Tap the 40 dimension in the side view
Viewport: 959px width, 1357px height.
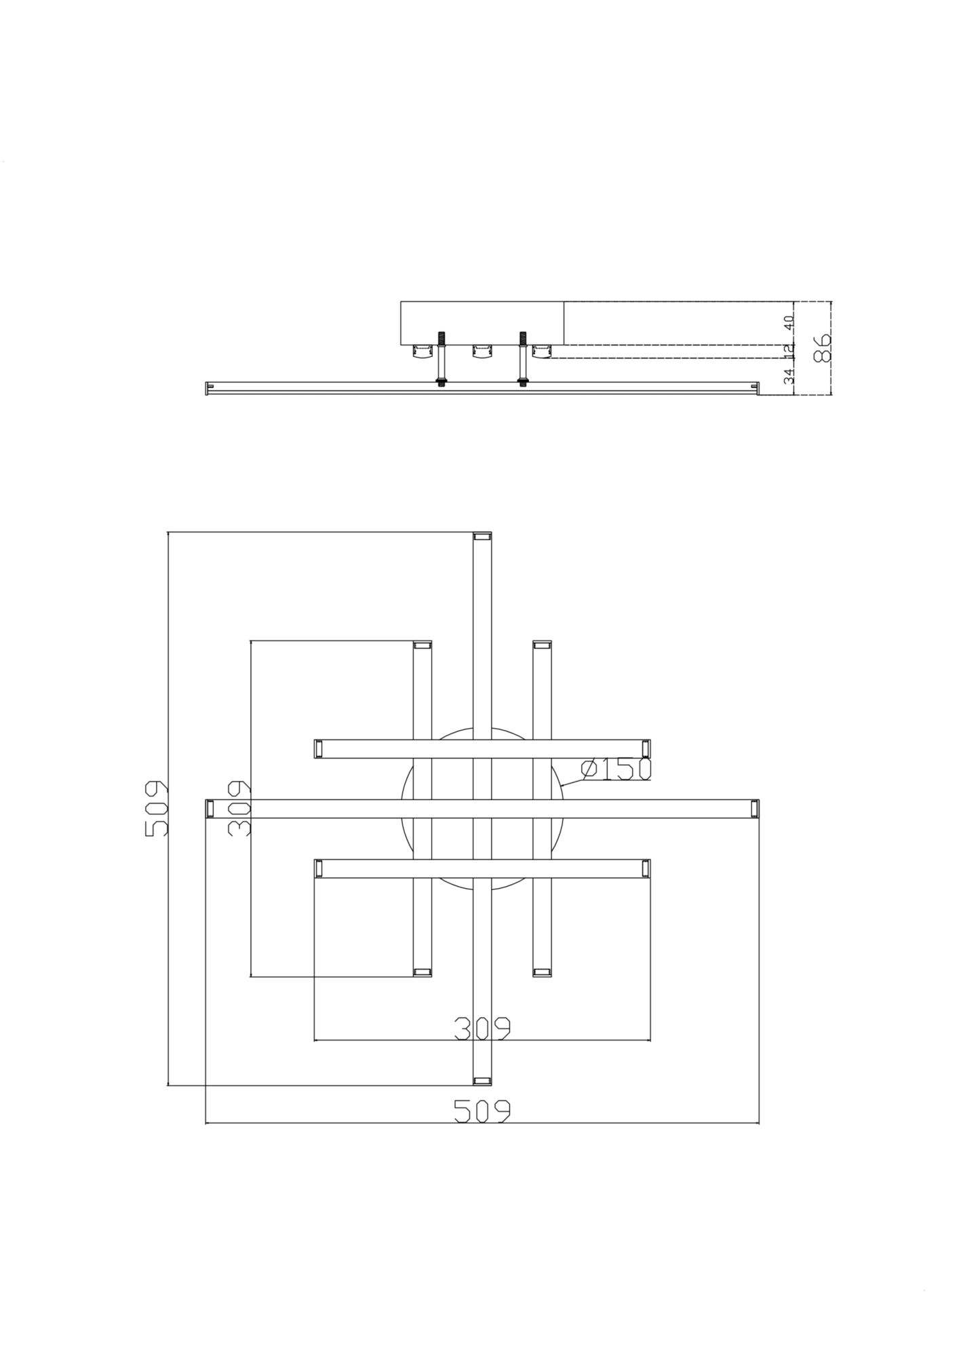(x=789, y=323)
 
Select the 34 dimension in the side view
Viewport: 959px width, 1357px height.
(x=789, y=377)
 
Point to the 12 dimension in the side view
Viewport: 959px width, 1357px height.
(x=789, y=350)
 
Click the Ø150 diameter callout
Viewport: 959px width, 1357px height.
(x=616, y=769)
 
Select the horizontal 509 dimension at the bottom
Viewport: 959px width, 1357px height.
(x=482, y=1110)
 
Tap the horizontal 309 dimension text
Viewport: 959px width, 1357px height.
(x=482, y=1029)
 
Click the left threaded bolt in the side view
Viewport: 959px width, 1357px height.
(x=442, y=360)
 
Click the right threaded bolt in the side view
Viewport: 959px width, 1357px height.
(x=523, y=360)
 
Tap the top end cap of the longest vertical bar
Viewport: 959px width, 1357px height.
(x=482, y=536)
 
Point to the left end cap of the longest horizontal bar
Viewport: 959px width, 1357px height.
(x=210, y=808)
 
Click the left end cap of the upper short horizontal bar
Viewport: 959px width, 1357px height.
(x=318, y=748)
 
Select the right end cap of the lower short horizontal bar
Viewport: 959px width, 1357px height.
(x=646, y=868)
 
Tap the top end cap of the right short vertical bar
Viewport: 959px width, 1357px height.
(x=541, y=645)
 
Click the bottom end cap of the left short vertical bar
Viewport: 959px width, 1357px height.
(x=422, y=972)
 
